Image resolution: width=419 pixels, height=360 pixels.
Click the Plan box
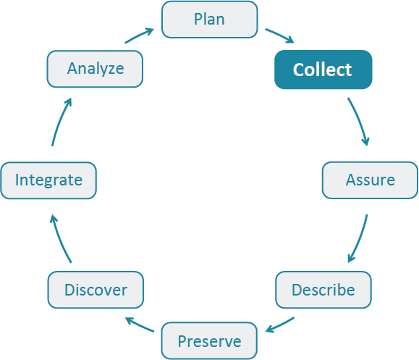pos(209,19)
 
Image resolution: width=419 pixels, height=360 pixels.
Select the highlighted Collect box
pos(323,70)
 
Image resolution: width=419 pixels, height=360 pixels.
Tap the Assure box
pos(370,180)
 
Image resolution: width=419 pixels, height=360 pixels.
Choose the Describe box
pos(323,290)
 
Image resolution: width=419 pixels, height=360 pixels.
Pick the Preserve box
pos(209,340)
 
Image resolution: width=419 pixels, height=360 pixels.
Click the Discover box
pos(96,290)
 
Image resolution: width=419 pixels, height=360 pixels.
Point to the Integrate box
pos(48,180)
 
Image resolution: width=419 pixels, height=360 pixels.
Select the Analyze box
pos(96,69)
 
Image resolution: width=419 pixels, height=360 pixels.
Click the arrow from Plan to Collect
pos(279,35)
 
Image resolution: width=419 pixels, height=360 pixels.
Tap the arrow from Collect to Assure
pos(360,120)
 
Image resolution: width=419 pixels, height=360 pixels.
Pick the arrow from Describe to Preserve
pos(281,325)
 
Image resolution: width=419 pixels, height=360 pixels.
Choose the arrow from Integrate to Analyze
pos(60,122)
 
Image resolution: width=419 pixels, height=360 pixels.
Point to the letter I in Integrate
pos(17,180)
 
